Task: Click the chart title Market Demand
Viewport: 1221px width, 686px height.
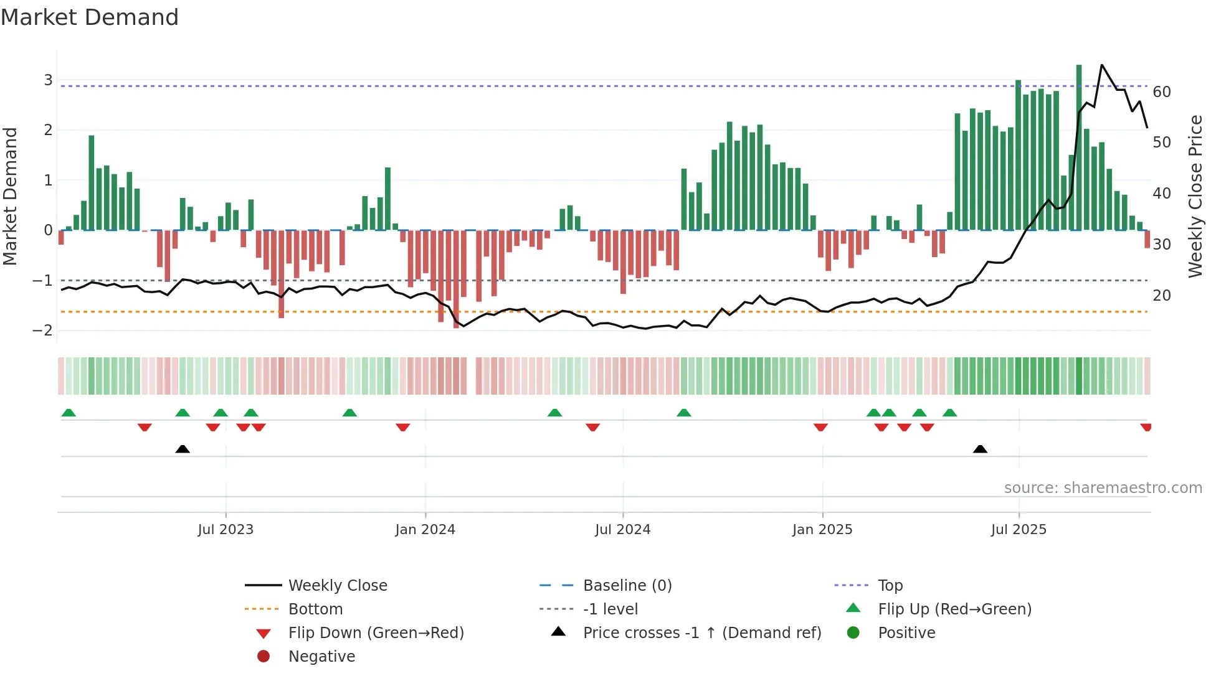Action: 90,17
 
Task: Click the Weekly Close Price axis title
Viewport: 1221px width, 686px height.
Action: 1195,196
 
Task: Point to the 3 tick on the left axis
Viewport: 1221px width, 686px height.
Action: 48,80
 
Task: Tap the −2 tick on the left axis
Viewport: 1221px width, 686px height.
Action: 42,331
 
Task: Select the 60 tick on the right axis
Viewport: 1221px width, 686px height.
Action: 1162,92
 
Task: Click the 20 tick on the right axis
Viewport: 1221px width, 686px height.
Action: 1162,296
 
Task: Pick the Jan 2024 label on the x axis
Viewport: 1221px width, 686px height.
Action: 425,530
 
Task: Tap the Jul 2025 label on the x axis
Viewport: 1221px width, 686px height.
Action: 1019,530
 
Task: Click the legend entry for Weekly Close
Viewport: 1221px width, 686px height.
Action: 337,586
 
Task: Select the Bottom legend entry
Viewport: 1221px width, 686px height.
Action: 315,609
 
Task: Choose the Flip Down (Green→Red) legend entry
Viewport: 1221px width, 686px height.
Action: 376,633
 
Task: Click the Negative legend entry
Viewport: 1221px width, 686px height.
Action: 321,657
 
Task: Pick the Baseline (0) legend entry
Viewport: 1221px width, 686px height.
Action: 627,586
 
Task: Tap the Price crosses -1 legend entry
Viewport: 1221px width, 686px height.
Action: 701,633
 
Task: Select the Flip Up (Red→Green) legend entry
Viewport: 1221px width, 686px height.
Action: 954,609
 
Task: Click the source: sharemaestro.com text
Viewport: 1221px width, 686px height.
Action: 1103,488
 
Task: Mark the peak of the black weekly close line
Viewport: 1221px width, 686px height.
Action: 1101,65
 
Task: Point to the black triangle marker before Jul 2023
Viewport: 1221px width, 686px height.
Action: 183,449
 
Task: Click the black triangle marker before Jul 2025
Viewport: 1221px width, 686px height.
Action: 980,449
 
